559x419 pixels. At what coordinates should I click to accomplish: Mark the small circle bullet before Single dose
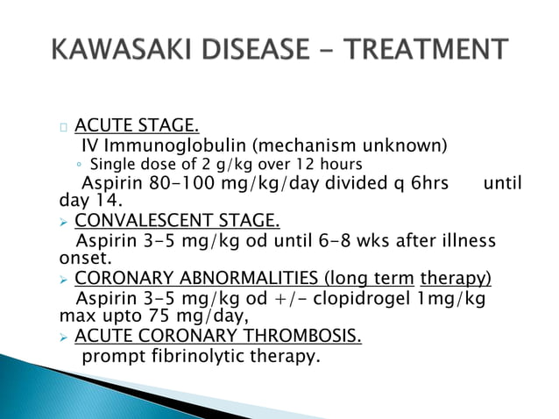[80, 165]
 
